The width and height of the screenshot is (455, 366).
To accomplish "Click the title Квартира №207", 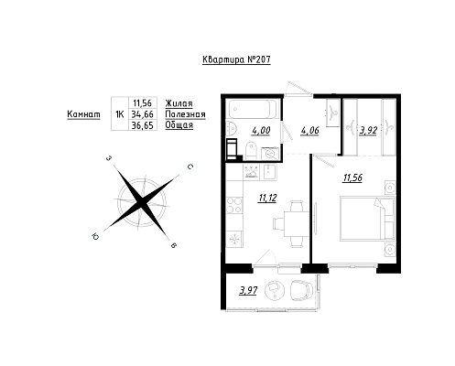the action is click(x=236, y=59).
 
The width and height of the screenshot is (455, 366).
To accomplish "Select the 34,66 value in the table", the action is click(x=142, y=114).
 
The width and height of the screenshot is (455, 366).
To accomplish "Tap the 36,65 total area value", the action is click(x=142, y=125).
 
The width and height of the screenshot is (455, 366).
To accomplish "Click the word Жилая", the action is click(x=179, y=103).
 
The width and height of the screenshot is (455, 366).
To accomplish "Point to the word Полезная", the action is click(x=185, y=114).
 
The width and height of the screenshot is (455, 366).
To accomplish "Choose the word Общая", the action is click(x=179, y=125).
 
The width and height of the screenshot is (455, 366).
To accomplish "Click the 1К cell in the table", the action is click(x=120, y=114).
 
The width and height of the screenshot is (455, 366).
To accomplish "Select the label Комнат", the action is click(x=83, y=114).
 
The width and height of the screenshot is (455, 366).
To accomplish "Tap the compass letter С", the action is click(x=190, y=167).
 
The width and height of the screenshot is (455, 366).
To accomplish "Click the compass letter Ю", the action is click(x=95, y=237).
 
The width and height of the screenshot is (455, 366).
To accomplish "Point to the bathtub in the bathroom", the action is click(x=253, y=109).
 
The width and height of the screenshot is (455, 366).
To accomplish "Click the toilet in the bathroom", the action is click(x=251, y=150).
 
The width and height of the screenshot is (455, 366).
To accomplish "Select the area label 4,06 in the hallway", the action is click(x=309, y=131).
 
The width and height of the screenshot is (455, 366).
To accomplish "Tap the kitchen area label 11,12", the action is click(x=267, y=199).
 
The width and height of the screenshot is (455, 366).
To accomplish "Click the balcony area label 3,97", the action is click(x=248, y=291).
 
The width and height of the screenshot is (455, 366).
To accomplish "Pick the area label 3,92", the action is click(x=368, y=131).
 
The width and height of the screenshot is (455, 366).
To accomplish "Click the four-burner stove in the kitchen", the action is click(x=234, y=205).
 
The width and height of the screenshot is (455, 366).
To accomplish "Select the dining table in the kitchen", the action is click(x=294, y=224).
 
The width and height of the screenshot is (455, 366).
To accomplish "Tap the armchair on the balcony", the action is click(x=301, y=291).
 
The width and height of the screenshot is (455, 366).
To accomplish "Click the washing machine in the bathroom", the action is click(x=270, y=153).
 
